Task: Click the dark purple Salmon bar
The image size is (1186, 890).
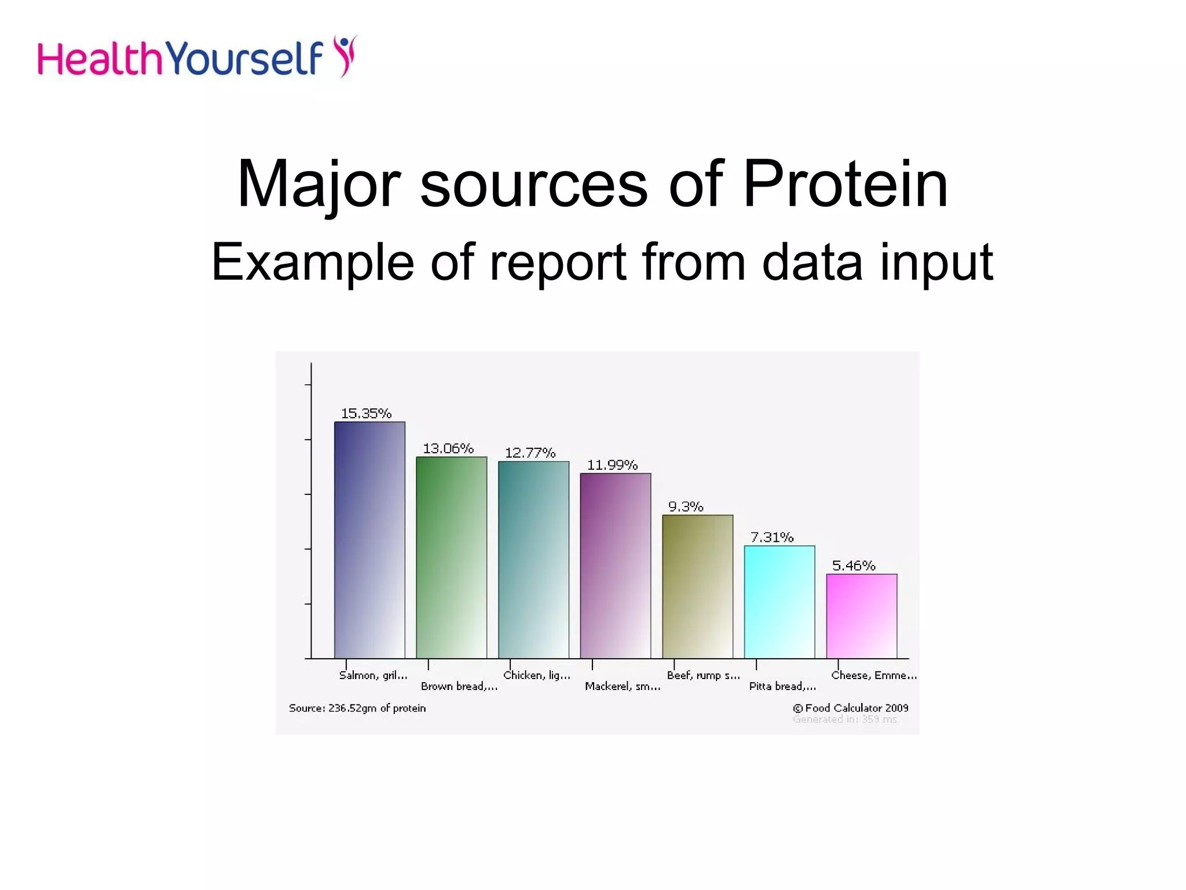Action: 369,539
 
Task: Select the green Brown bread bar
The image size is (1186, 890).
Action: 451,557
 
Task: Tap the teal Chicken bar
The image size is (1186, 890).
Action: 533,559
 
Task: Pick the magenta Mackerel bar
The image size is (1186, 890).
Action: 616,566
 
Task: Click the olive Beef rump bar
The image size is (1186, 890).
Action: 697,586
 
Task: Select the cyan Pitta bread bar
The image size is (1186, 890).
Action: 779,601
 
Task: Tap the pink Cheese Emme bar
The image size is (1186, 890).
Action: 861,615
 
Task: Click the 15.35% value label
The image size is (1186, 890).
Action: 366,413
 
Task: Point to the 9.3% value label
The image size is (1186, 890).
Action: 686,506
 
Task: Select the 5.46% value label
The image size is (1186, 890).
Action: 854,566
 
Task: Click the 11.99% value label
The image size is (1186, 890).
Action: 612,465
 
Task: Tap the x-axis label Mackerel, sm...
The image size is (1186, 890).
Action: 623,686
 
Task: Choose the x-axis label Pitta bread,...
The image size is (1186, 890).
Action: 782,686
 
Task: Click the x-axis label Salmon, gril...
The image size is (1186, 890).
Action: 373,675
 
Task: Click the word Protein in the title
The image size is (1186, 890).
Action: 845,184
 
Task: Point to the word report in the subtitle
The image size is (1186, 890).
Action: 559,262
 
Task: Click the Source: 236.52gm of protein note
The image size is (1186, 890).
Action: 357,708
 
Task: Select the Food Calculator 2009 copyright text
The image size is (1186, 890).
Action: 850,708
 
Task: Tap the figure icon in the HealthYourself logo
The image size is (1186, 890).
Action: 346,55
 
